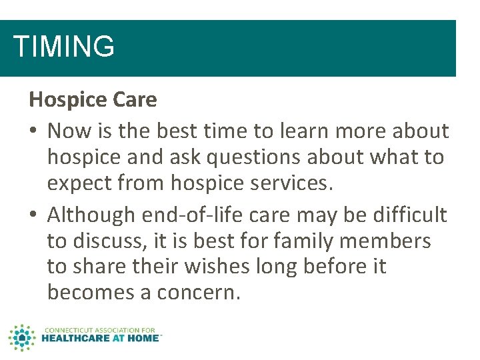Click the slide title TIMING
64,47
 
